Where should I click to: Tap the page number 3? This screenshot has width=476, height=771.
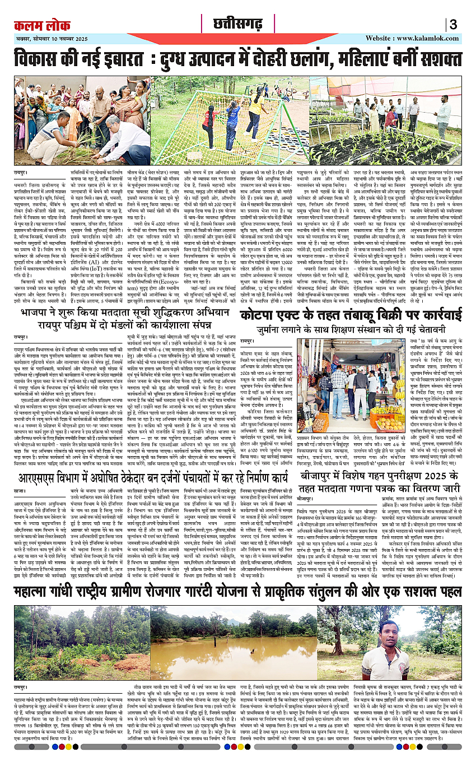[453, 24]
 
